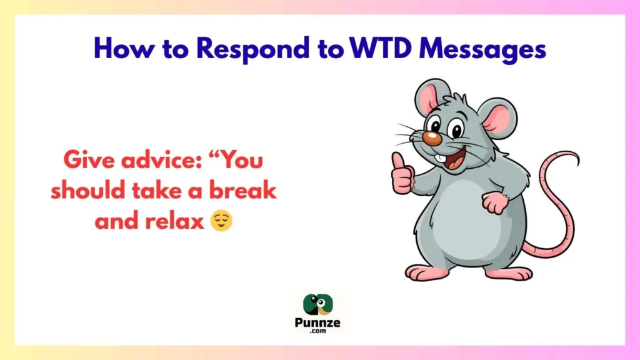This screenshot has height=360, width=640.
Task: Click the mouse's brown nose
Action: click(x=430, y=137)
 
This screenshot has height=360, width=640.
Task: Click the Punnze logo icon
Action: click(x=319, y=304)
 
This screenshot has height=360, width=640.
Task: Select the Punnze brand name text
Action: click(x=319, y=324)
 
